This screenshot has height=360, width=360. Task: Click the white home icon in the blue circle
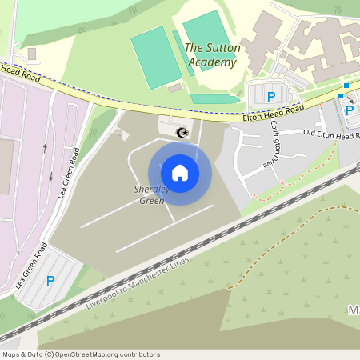tap(180, 173)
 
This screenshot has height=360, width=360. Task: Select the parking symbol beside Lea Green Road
tap(50, 281)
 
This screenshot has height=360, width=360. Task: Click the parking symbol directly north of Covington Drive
tap(271, 97)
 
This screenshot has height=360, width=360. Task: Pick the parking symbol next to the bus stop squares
tap(349, 110)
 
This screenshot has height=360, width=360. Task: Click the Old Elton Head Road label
tap(330, 134)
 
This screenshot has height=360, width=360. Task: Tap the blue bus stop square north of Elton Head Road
tap(346, 85)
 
